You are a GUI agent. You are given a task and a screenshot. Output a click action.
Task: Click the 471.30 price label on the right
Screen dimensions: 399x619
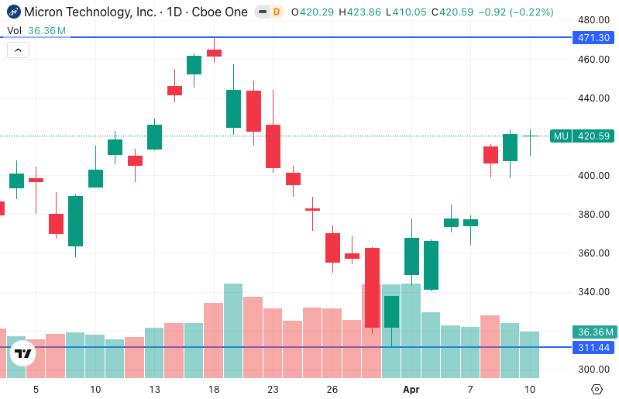[x=593, y=37]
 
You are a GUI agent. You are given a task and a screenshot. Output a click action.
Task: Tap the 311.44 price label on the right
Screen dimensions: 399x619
[x=593, y=347]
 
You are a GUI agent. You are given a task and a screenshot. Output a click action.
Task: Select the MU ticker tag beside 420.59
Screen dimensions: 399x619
[x=561, y=136]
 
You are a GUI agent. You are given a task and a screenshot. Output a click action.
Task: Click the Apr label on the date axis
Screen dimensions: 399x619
[x=411, y=389]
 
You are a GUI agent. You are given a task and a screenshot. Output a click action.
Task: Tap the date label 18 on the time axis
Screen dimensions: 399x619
[x=214, y=389]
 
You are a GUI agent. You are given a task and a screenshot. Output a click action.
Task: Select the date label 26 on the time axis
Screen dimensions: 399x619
[x=332, y=389]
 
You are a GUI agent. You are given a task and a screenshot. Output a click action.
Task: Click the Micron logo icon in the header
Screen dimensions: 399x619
[x=13, y=12]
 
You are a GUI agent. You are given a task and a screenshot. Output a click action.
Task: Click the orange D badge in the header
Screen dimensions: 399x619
[x=276, y=12]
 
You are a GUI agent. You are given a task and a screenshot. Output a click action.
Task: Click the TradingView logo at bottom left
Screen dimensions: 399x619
[x=24, y=354]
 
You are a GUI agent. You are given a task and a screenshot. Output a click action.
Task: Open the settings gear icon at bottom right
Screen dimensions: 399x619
[x=597, y=389]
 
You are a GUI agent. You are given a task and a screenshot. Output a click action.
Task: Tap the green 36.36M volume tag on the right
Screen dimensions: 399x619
[x=593, y=332]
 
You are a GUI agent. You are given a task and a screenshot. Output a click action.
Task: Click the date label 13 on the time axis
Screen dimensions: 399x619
[x=154, y=389]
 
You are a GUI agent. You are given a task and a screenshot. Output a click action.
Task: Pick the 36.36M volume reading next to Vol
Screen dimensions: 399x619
[x=46, y=30]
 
